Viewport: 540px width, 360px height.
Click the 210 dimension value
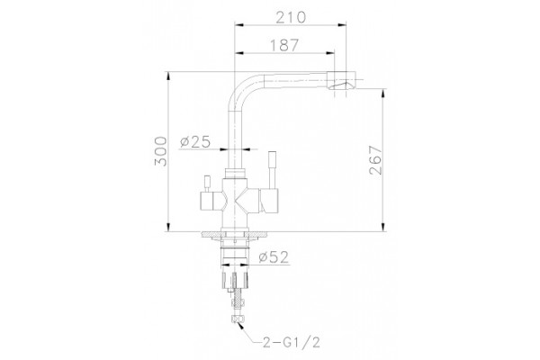tap(291, 17)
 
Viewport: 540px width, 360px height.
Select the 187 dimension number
tap(284, 45)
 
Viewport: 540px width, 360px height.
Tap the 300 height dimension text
tap(160, 151)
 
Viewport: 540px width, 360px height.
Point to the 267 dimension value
tap(375, 160)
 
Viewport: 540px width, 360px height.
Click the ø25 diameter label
tap(195, 141)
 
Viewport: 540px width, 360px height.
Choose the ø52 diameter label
tap(274, 257)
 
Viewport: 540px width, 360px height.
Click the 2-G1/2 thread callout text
tap(292, 342)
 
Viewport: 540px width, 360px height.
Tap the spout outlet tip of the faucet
tap(342, 80)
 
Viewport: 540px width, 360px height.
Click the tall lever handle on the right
tap(273, 169)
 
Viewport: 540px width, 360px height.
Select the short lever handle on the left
tap(207, 184)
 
